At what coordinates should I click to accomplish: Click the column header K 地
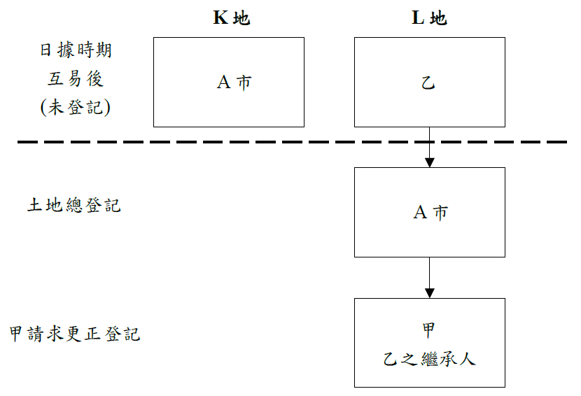pos(231,18)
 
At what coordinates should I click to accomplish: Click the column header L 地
pos(428,18)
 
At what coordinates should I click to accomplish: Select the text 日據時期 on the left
pos(76,51)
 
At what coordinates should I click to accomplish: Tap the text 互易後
pos(76,79)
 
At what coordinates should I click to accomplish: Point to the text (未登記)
pos(76,107)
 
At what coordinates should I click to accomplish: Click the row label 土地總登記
pos(74,206)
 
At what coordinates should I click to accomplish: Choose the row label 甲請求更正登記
pos(75,334)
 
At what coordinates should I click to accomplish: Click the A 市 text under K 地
pos(234,83)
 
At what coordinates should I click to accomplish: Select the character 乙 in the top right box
pos(428,83)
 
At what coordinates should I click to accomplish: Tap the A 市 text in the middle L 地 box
pos(430,213)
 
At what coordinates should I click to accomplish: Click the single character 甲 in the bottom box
pos(430,329)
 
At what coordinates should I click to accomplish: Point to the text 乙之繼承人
pos(430,360)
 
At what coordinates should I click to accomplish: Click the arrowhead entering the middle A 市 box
pos(430,162)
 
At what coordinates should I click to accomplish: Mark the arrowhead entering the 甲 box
pos(430,292)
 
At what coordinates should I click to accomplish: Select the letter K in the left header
pos(220,18)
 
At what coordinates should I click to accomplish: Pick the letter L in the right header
pos(417,18)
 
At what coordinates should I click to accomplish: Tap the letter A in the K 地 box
pos(223,83)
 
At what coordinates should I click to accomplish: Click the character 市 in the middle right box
pos(440,213)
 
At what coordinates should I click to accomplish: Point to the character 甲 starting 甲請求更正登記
pos(16,334)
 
